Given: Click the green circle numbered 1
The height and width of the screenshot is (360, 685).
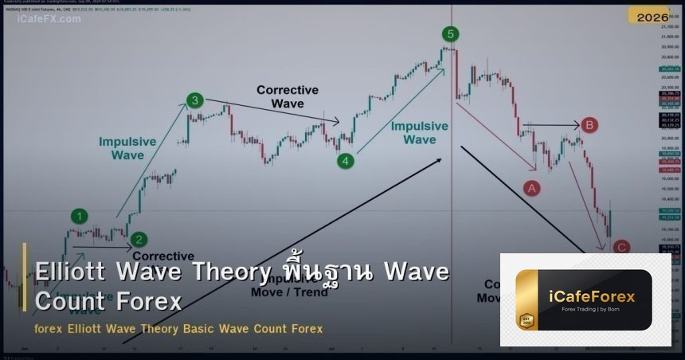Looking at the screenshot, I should click(x=79, y=216).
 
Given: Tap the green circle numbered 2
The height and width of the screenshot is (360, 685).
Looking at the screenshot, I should click(x=139, y=239).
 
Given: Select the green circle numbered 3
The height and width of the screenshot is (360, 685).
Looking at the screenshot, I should click(x=194, y=100).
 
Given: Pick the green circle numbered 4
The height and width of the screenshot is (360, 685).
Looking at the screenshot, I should click(x=345, y=161).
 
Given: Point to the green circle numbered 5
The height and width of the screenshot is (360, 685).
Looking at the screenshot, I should click(x=451, y=33).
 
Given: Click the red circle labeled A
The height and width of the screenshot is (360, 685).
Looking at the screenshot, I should click(x=531, y=188).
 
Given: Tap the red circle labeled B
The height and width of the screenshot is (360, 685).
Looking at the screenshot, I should click(x=589, y=125).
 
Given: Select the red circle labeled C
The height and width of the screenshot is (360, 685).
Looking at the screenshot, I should click(x=621, y=247).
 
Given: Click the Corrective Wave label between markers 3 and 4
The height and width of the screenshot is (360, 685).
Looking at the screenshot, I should click(x=287, y=97).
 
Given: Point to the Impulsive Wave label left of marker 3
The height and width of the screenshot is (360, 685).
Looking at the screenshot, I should click(x=127, y=148).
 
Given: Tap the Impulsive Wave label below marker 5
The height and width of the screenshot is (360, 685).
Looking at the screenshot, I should click(x=419, y=133).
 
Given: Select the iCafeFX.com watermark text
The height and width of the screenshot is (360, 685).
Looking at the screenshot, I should click(x=49, y=18).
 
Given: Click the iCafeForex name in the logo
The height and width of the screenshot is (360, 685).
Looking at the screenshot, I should click(x=593, y=297).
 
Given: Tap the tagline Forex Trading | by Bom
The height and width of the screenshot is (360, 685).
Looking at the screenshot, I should click(x=593, y=310).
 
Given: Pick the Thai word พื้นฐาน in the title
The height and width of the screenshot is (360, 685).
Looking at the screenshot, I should click(x=326, y=272).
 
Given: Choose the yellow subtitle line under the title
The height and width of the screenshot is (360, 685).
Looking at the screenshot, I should click(x=178, y=328).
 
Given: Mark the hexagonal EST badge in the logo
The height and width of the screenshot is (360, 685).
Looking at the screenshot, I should click(x=525, y=321).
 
